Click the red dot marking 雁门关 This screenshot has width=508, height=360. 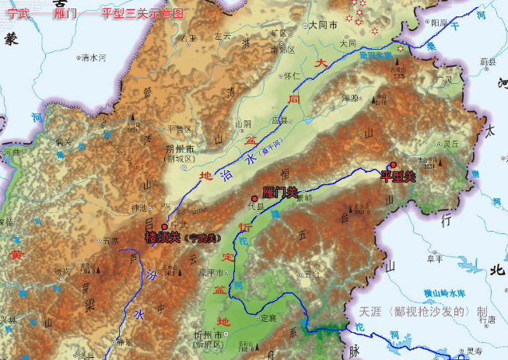(254, 199)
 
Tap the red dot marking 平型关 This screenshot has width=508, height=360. (393, 165)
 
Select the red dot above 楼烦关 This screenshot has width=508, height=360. (164, 227)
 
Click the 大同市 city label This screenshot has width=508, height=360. (322, 25)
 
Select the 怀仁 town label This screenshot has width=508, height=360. (292, 75)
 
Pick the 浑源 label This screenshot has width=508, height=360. (351, 99)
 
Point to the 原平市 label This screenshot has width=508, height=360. (211, 272)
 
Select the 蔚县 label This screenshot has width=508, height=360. (488, 60)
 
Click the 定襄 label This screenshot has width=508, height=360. (268, 317)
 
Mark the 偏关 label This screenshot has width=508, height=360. (62, 141)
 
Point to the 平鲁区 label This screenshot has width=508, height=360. (179, 128)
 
